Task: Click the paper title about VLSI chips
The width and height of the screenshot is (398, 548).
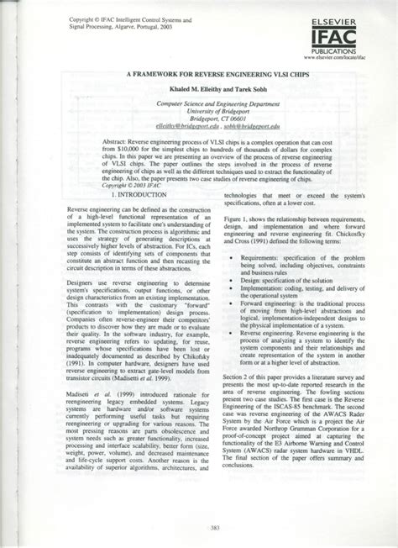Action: click(200, 74)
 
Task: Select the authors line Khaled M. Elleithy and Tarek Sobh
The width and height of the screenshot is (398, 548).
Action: click(200, 88)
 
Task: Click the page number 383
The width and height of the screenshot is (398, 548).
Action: click(199, 527)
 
